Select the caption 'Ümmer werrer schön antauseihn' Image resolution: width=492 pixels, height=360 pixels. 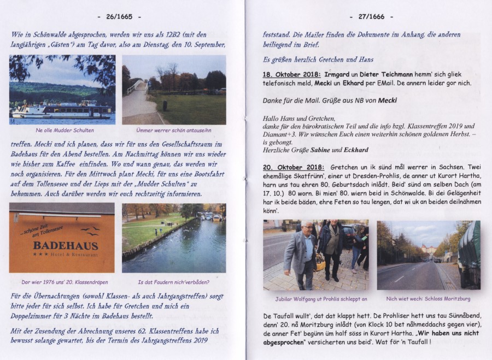point(173,131)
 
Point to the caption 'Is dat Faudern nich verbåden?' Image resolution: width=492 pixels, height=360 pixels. point(174,282)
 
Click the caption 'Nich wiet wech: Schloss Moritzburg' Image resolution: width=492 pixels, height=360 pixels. point(428,299)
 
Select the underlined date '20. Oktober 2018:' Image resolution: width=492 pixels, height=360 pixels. point(294,166)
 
